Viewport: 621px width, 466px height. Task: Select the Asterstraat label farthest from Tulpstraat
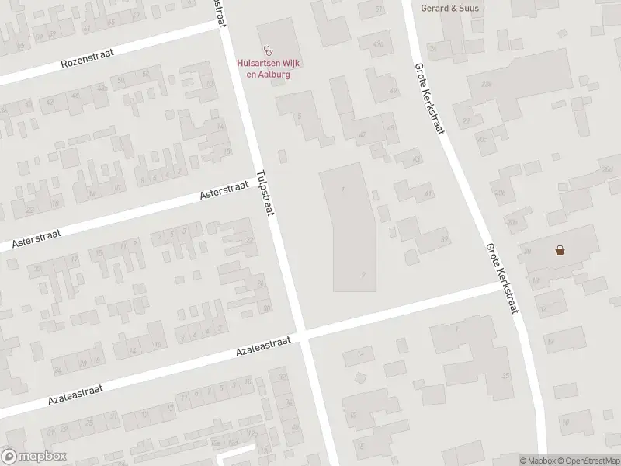pyautogui.click(x=39, y=238)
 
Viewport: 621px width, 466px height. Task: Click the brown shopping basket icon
pyautogui.click(x=559, y=250)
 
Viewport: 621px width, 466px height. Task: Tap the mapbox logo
pyautogui.click(x=34, y=457)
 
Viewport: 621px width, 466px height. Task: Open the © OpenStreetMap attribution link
pyautogui.click(x=588, y=461)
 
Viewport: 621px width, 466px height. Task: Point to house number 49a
pyautogui.click(x=379, y=44)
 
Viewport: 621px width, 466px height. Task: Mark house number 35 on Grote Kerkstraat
pyautogui.click(x=505, y=376)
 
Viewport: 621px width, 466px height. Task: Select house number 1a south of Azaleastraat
pyautogui.click(x=360, y=355)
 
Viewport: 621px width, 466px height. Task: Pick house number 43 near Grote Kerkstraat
pyautogui.click(x=417, y=159)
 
